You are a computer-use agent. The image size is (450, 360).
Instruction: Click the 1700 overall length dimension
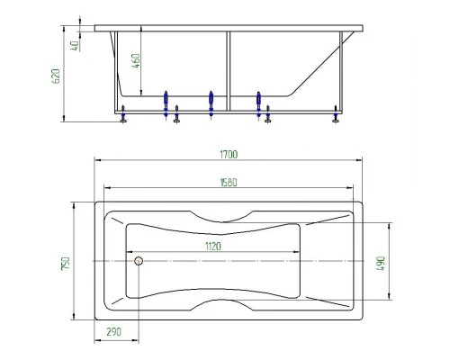229,155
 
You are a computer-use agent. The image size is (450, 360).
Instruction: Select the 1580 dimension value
229,183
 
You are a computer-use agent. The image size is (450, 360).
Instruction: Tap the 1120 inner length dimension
213,247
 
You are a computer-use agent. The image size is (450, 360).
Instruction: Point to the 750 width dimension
66,264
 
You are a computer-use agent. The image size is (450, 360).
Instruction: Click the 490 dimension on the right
381,264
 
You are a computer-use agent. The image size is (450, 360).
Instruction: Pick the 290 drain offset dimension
114,332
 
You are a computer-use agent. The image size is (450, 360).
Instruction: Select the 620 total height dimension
56,76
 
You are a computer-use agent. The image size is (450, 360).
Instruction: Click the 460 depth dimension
136,61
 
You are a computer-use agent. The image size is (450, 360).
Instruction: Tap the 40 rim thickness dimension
75,46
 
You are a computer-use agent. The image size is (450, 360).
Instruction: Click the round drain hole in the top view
139,261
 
